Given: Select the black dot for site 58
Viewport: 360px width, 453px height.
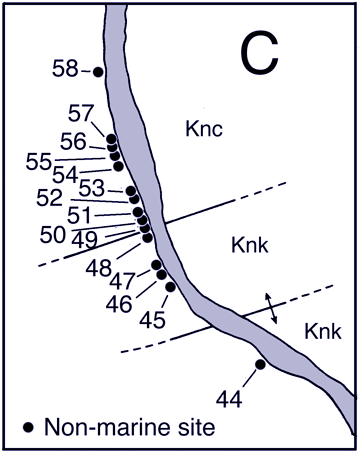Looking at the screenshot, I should pos(98,71).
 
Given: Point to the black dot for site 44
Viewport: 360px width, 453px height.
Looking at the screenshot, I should pos(259,364).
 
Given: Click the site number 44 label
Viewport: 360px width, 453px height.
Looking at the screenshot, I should pos(229,399).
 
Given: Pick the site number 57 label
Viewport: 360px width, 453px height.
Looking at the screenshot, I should pos(83,112).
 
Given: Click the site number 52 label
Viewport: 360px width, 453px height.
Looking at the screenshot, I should pos(49,198).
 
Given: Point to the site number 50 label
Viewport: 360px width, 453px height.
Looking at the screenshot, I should pos(54,234).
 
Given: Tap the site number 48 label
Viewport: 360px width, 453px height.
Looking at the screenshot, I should pos(99,268).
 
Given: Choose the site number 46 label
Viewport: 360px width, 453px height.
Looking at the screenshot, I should pos(118,303).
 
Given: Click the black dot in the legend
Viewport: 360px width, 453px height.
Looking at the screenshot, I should pos(29,426).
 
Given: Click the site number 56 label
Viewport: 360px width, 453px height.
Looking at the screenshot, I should pos(73,141).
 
